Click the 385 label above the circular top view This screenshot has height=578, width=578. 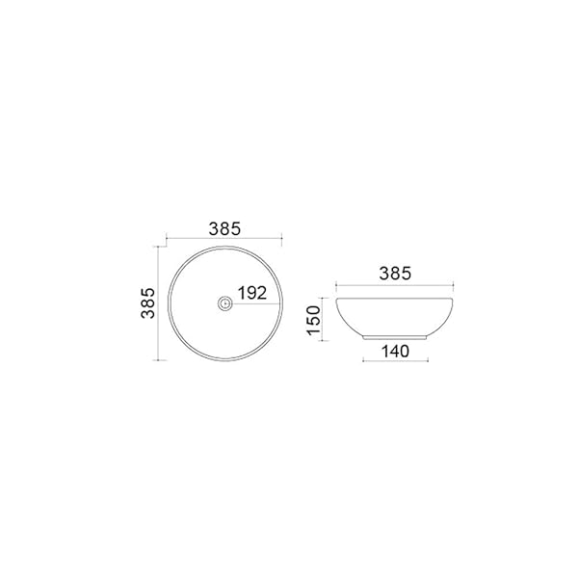tap(224, 229)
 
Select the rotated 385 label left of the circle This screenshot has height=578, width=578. tap(148, 303)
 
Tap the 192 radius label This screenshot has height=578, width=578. tap(252, 293)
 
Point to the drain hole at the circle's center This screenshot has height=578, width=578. tap(224, 303)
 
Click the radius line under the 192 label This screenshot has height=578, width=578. tap(254, 303)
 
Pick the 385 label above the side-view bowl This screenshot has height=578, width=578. tap(395, 274)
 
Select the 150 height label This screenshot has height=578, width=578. tap(314, 320)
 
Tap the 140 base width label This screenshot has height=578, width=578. tap(395, 352)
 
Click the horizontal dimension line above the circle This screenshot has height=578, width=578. tap(224, 239)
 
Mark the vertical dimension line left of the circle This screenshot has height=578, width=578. tap(158, 303)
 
